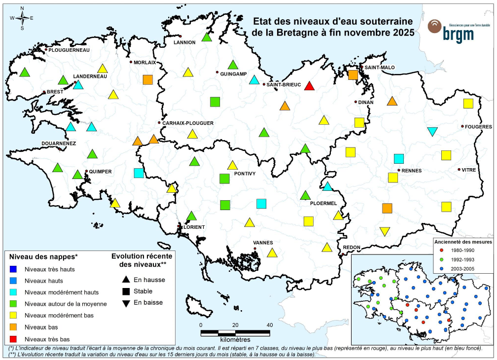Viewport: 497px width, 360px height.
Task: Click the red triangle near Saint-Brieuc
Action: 309,86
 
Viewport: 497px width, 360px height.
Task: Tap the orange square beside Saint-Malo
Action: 353,75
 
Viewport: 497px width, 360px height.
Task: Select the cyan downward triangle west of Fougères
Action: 432,132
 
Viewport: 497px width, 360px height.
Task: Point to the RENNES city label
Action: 412,171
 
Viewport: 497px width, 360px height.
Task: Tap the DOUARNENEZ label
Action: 58,143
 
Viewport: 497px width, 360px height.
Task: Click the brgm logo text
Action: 458,34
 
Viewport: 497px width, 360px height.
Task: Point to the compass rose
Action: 22,18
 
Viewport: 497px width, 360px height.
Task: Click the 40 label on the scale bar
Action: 270,325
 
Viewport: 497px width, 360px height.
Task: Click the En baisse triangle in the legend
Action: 126,303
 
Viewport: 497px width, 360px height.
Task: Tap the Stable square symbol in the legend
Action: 126,291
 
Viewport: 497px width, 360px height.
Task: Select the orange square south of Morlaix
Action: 147,80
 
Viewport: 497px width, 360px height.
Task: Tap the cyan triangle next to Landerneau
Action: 78,84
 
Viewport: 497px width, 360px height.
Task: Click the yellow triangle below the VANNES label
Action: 272,253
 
